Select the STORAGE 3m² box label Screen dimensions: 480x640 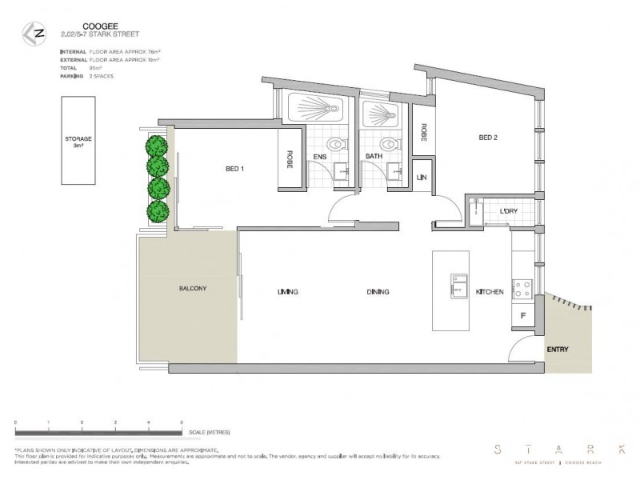coord(78,142)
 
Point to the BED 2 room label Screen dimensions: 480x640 coord(488,138)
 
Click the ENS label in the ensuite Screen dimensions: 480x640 coord(320,157)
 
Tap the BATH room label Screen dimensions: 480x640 coord(373,157)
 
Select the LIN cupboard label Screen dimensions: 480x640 coord(421,176)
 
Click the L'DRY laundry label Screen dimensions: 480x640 coord(507,211)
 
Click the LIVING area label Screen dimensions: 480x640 coord(287,292)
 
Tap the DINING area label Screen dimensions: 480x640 coord(378,292)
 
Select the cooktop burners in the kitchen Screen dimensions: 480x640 coord(522,286)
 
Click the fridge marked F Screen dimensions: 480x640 coord(522,317)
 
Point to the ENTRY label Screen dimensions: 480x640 coord(558,350)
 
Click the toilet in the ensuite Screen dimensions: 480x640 coord(338,146)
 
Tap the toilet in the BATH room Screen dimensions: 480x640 coord(390,146)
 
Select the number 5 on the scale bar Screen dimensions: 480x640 coord(182,421)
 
